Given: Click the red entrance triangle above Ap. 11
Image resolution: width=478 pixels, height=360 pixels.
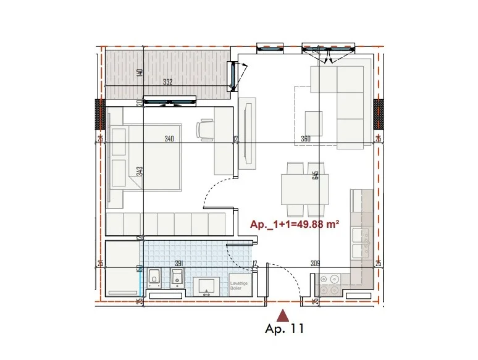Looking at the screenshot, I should [283, 316].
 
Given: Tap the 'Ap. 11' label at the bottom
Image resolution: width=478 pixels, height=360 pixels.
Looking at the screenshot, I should [285, 330].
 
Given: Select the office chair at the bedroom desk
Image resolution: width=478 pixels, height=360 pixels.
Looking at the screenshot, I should [205, 130].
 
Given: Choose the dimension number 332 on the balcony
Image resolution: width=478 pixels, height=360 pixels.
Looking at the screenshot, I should [168, 83].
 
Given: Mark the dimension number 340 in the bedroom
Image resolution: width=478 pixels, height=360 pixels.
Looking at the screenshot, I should [169, 139].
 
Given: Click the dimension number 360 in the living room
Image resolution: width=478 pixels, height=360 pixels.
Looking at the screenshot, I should [306, 139].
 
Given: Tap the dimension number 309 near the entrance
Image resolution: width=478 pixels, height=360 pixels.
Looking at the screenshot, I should [316, 264].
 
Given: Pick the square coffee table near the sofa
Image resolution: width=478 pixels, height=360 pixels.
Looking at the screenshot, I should [314, 119].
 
